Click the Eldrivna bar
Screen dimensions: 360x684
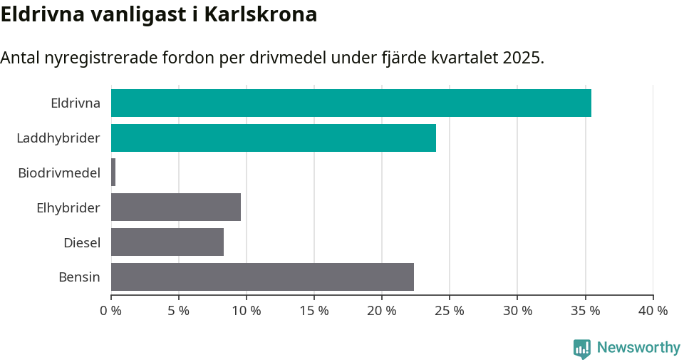(351, 103)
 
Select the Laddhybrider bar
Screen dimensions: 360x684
(273, 138)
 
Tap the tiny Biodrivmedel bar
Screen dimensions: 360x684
(113, 173)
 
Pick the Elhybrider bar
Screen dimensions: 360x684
(176, 207)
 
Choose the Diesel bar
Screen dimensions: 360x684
(167, 242)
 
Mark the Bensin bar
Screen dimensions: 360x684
(262, 277)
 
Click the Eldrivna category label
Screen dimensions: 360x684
(76, 103)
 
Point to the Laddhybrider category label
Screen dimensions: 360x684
(58, 138)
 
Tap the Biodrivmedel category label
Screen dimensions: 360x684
(59, 173)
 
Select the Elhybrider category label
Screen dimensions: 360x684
(68, 208)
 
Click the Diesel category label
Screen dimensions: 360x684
(82, 243)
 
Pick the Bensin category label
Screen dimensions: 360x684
(79, 277)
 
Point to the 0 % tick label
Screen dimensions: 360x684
(111, 311)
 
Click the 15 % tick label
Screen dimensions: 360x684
(314, 311)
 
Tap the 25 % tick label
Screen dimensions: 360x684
(450, 311)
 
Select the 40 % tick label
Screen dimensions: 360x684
(653, 311)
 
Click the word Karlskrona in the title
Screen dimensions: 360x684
(261, 15)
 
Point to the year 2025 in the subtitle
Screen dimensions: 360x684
(521, 58)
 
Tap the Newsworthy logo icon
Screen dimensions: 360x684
(582, 349)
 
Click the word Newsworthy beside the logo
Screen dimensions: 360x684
(638, 348)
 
